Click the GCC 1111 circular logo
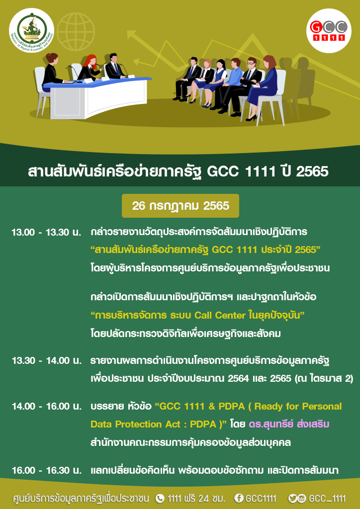pos(329,31)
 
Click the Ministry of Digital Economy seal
pos(31,30)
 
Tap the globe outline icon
pos(76,31)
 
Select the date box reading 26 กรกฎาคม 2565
pos(180,206)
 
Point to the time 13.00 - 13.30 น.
pos(46,233)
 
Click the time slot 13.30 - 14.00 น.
pos(46,361)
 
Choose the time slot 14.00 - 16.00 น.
pos(46,406)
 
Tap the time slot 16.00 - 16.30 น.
pos(46,470)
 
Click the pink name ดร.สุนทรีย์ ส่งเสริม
pos(289,424)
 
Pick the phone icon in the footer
pos(160,498)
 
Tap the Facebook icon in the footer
pos(239,498)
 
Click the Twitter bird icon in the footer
pos(292,498)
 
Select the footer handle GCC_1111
pos(327,498)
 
